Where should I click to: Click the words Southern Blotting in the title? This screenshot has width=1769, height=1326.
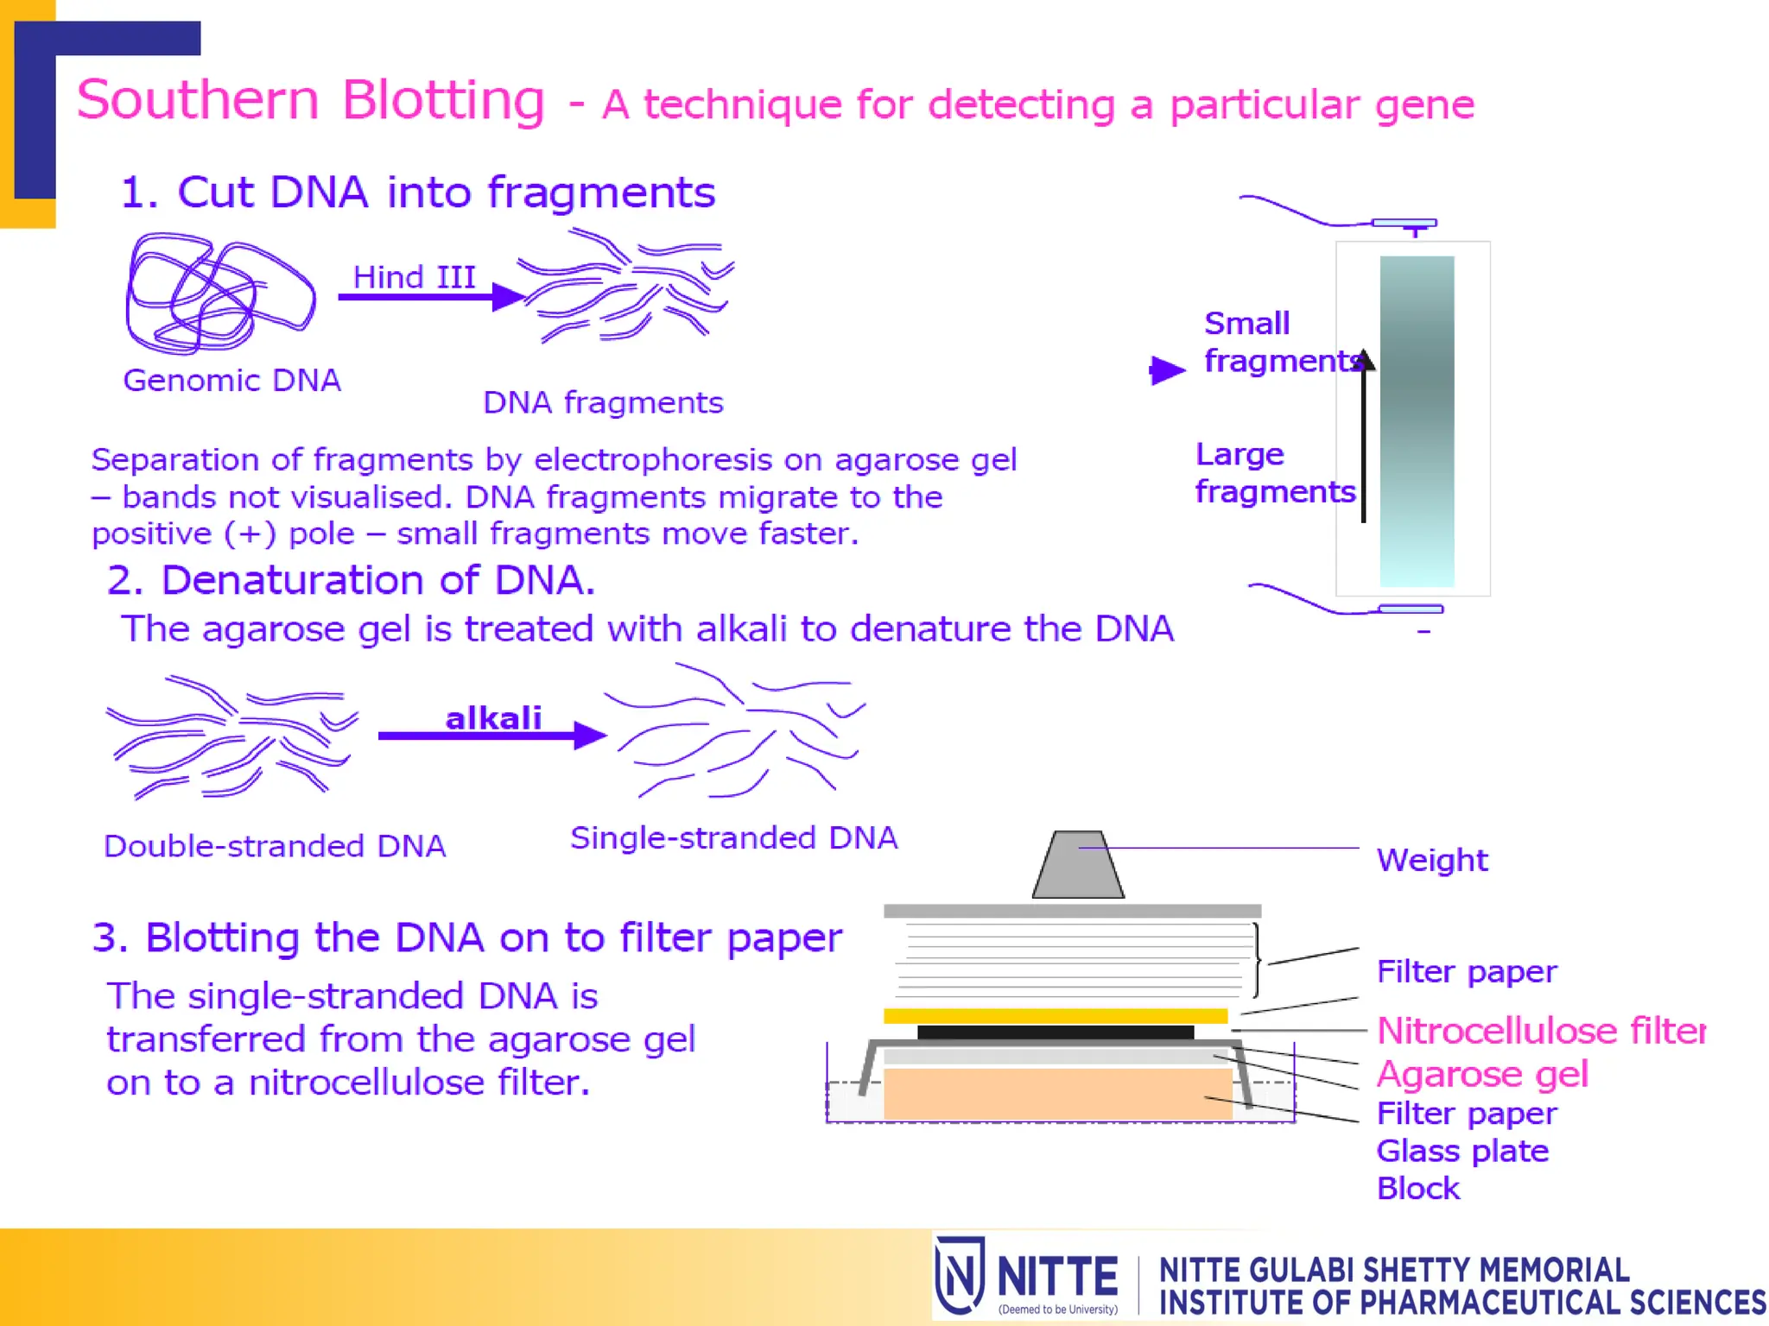pos(311,101)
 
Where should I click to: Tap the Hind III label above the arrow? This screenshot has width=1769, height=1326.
pos(415,278)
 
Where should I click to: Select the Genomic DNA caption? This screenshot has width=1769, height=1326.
pos(231,381)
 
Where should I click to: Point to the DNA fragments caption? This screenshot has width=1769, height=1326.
pos(603,403)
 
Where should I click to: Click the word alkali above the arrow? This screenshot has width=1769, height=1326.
pos(493,718)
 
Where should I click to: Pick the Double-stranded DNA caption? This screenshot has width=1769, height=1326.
pos(275,846)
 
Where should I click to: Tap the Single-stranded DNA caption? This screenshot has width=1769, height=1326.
pos(734,838)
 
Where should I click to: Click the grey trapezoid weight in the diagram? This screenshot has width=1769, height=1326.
pos(1078,866)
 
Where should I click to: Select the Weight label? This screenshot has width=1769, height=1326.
pos(1432,861)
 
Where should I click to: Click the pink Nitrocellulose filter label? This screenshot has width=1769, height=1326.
pos(1541,1031)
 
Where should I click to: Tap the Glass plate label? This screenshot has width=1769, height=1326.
pos(1462,1152)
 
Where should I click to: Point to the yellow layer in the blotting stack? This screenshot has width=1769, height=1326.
pos(1056,1016)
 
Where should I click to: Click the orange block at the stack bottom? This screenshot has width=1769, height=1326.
pos(1057,1094)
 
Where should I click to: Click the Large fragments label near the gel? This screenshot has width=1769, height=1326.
pos(1274,473)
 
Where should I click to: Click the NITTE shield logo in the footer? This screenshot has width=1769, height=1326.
pos(960,1275)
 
